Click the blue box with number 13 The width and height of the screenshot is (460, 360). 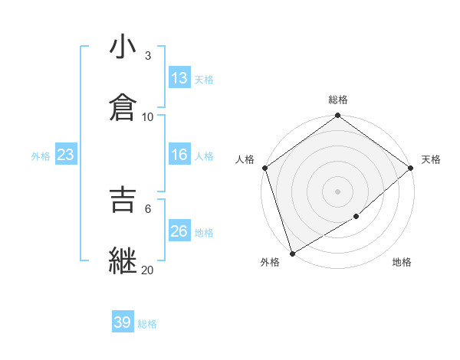point(179,78)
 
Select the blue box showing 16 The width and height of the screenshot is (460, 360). point(179,155)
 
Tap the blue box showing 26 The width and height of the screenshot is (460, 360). point(179,231)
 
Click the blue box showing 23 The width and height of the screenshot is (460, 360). point(66,155)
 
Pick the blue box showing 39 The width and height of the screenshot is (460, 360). point(123,322)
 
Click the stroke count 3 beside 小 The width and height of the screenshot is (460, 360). point(148,56)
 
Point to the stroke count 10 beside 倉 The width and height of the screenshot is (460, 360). point(148,116)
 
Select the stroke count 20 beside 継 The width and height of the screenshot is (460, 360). point(148,269)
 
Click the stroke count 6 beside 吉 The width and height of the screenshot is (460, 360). point(148,208)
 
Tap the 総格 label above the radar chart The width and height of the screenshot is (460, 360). point(338,100)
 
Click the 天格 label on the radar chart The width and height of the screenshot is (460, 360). point(431,159)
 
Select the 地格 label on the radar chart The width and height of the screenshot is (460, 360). point(402,262)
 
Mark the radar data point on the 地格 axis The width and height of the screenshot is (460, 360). point(356,217)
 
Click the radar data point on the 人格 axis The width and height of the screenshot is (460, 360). point(264,168)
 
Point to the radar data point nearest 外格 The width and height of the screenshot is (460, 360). point(292,253)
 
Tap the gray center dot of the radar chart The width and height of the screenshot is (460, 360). point(338,191)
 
